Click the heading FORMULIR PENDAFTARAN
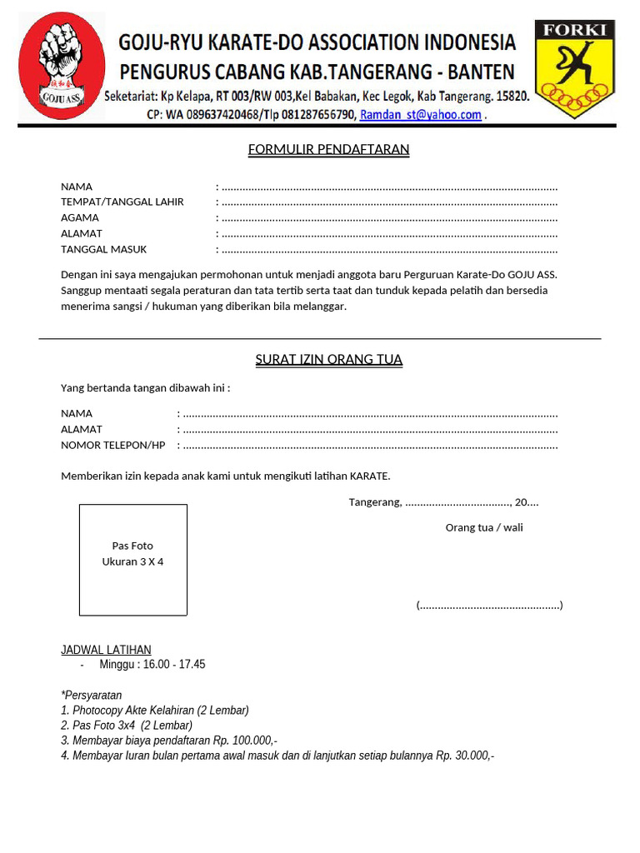tap(328, 150)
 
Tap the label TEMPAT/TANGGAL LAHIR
tap(122, 202)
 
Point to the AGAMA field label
tap(80, 218)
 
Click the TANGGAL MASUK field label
tap(104, 249)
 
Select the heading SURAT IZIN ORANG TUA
tap(328, 360)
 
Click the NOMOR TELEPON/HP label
tap(113, 445)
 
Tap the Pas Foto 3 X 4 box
tap(133, 559)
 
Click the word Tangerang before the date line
tap(375, 502)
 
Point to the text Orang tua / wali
tap(484, 527)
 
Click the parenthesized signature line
tap(489, 605)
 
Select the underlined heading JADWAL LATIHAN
tap(106, 650)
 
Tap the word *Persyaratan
tap(92, 695)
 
